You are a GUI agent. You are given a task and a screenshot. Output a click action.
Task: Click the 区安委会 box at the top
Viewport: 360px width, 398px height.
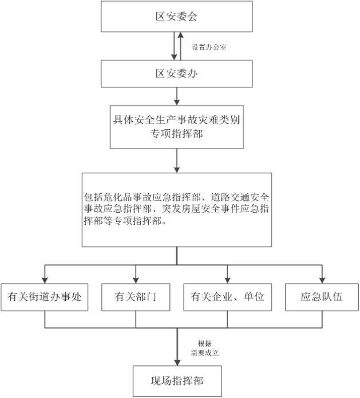coord(177,16)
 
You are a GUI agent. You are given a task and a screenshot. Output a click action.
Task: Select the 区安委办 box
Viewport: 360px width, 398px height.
coord(177,74)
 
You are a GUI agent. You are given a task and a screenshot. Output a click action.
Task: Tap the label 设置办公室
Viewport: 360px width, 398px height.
coord(209,47)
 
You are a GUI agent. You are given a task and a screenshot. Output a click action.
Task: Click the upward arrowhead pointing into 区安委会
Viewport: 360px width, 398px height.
coord(180,35)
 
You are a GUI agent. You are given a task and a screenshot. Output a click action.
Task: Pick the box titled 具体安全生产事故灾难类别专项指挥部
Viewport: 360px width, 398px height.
coord(177,127)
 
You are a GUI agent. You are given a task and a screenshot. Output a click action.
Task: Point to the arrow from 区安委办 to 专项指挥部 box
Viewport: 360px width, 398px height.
coord(177,97)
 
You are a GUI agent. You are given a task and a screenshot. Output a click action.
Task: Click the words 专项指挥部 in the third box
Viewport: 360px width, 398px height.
coord(176,134)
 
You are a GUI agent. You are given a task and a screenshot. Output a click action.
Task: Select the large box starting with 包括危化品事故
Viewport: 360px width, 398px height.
coord(177,210)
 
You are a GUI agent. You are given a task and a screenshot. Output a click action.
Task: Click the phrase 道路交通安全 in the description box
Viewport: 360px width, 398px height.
coord(240,197)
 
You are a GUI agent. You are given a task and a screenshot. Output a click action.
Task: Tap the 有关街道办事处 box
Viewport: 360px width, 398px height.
coord(45,297)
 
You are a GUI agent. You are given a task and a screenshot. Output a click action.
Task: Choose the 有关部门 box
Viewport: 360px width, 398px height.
coord(136,297)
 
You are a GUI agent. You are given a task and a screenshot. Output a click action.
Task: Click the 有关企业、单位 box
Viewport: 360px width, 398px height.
coord(227,297)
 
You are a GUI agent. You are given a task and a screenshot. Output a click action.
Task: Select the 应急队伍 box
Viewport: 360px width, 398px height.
coord(322,297)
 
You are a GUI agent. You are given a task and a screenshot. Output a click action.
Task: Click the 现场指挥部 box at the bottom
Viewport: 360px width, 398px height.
coord(177,381)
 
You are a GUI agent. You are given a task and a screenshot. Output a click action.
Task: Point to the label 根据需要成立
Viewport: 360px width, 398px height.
coord(205,348)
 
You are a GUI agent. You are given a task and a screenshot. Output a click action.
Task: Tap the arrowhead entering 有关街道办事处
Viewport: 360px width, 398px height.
coord(45,280)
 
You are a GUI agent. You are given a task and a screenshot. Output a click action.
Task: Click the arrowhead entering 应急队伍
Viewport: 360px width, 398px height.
coord(322,280)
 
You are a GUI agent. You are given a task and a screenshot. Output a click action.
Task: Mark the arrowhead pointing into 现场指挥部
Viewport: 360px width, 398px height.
coord(177,362)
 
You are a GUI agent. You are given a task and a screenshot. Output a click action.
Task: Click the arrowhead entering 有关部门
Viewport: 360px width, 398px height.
coord(136,280)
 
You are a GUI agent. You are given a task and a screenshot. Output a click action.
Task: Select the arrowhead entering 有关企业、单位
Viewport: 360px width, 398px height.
coord(227,280)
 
